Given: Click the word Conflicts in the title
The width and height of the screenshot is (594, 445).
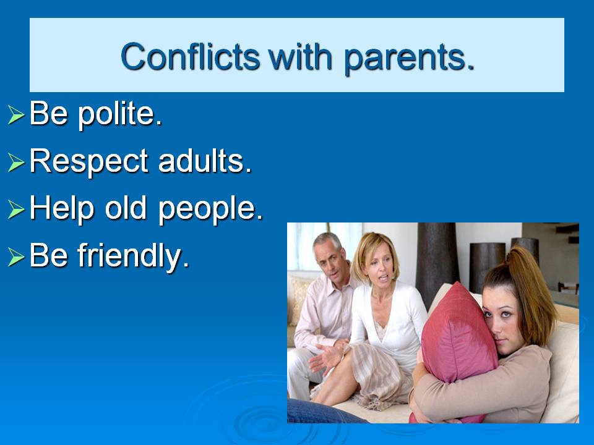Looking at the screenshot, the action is [190, 57].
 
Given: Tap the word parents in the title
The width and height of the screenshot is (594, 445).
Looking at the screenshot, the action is [409, 59].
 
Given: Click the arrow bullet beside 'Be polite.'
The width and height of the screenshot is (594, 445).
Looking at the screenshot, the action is [16, 115].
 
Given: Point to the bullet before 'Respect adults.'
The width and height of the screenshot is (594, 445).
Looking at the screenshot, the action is [16, 163].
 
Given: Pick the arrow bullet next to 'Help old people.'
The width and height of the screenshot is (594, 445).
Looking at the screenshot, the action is [16, 210].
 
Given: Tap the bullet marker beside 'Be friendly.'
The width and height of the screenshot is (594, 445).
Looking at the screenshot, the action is [16, 257].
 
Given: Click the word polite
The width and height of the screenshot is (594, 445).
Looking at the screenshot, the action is [120, 114].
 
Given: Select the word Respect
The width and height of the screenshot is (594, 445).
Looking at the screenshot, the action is [88, 161].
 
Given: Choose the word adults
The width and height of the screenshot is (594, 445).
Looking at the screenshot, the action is [205, 161].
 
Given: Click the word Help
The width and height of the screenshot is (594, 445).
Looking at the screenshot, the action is [62, 209].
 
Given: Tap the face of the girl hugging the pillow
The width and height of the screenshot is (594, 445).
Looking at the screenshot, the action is [504, 318].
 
